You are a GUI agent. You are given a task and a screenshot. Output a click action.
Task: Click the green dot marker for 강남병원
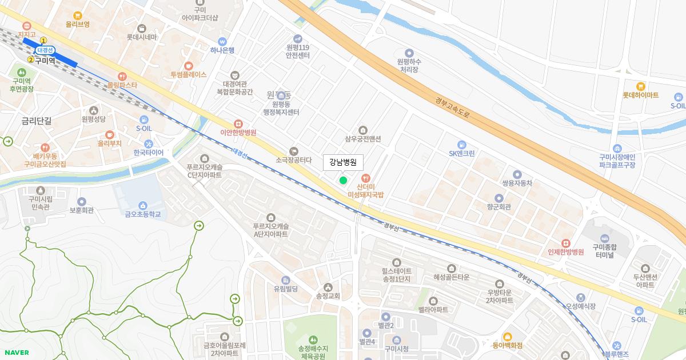click(x=343, y=181)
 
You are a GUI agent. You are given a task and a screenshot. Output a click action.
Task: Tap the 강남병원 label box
click(x=343, y=162)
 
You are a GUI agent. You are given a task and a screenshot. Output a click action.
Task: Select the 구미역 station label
click(x=45, y=60)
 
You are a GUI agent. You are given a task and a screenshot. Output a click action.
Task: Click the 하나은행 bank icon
click(x=222, y=41)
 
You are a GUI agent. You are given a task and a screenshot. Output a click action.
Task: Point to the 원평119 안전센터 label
click(x=298, y=51)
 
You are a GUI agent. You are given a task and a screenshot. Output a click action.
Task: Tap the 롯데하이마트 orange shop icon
click(x=641, y=86)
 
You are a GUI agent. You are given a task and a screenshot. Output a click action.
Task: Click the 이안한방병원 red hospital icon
click(x=238, y=124)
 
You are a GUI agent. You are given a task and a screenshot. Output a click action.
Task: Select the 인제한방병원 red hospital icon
click(x=565, y=243)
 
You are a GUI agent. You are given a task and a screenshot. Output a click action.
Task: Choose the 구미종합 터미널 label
click(x=604, y=251)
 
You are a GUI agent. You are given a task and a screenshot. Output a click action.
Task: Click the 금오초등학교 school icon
click(x=143, y=206)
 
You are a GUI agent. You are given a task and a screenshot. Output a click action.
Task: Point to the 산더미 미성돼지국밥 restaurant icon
click(x=366, y=178)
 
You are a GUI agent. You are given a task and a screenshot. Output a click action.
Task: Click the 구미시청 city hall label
click(x=396, y=349)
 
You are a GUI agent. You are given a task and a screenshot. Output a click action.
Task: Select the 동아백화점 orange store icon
click(x=507, y=337)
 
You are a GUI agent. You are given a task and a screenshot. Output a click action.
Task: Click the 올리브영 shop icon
click(x=78, y=16)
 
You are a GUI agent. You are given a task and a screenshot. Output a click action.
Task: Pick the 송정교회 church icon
click(x=328, y=287)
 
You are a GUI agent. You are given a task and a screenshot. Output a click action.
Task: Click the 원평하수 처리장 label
click(x=409, y=65)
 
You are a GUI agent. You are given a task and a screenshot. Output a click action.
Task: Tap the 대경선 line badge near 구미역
click(x=45, y=50)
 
